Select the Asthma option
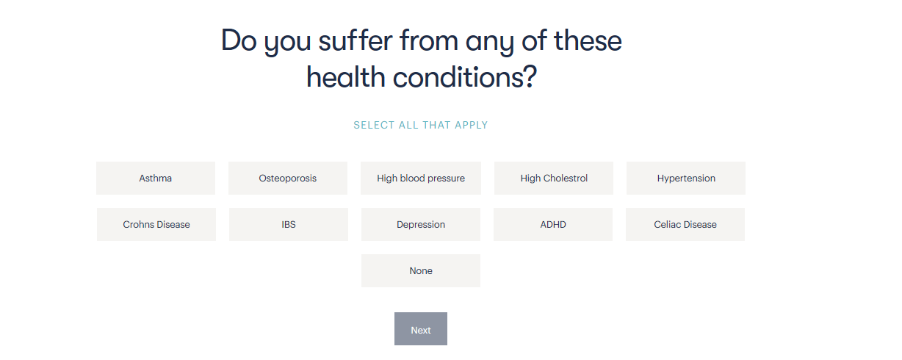pos(156,178)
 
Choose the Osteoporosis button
pos(287,178)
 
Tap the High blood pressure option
pos(420,178)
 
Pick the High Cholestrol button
pos(554,178)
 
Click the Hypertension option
pos(686,178)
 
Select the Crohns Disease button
pos(156,224)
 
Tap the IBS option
pos(289,224)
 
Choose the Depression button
pos(420,224)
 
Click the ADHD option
pos(553,224)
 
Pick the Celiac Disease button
pos(685,224)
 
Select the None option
pos(420,270)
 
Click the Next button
pos(420,328)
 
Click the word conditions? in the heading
pos(465,77)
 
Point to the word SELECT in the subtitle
pos(374,125)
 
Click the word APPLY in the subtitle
pos(471,125)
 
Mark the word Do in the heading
pos(239,40)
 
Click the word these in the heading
pos(588,40)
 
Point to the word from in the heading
pos(429,40)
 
